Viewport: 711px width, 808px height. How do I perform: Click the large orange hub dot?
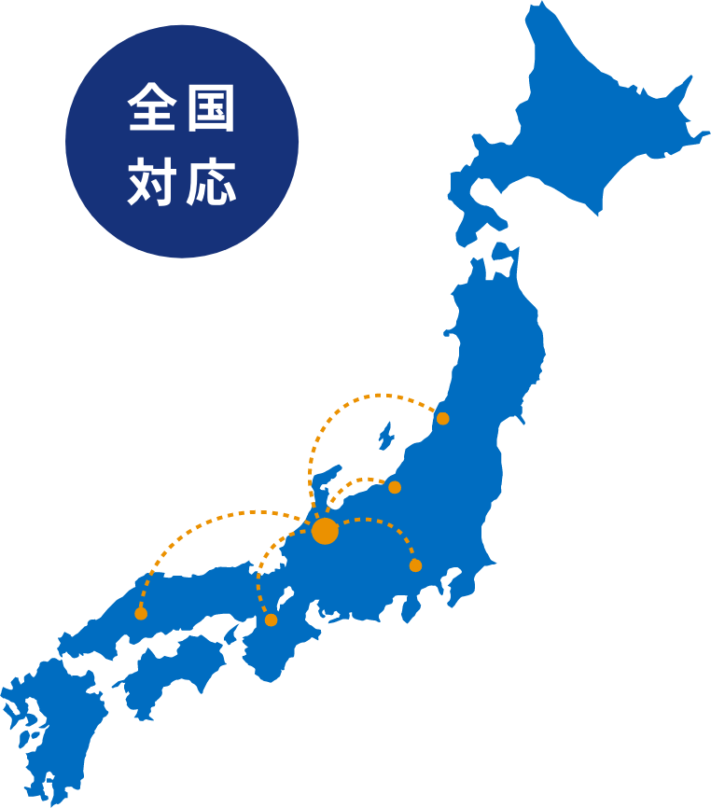click(325, 531)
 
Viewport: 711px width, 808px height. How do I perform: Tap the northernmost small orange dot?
click(443, 418)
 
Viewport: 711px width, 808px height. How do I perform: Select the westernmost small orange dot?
click(141, 613)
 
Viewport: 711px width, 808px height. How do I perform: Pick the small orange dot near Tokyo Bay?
click(415, 565)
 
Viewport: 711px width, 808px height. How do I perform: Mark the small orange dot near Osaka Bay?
click(271, 620)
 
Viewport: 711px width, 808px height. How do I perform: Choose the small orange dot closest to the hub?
click(395, 487)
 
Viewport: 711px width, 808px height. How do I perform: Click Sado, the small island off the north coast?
click(384, 437)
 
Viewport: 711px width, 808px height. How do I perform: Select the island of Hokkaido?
click(588, 121)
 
